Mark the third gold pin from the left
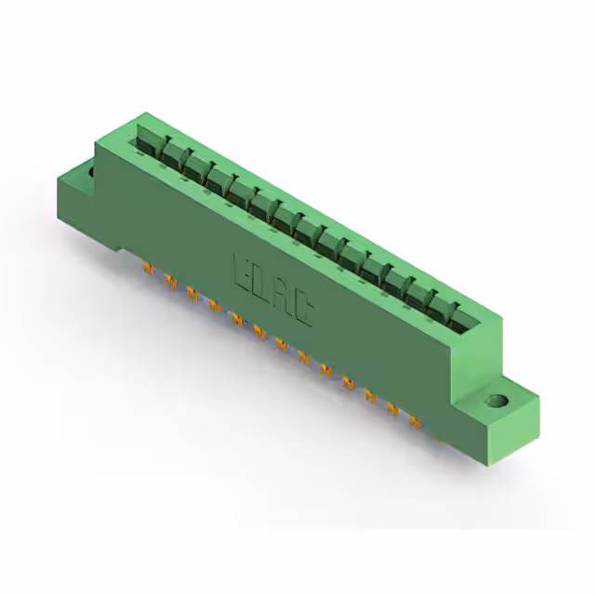point(192,294)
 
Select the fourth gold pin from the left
point(215,307)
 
